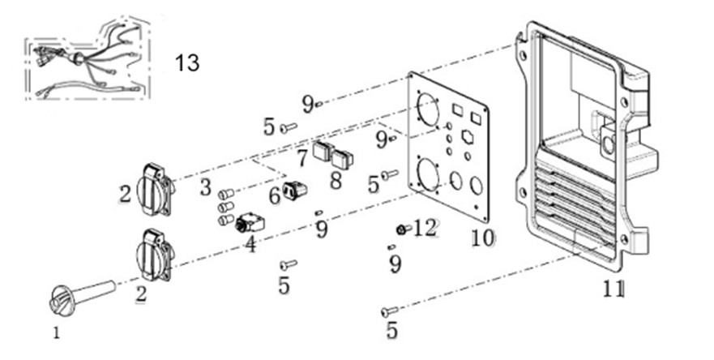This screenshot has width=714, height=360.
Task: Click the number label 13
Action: pos(187,62)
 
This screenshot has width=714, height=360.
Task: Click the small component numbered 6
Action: pos(298,190)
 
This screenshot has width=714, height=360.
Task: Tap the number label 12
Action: pos(425,229)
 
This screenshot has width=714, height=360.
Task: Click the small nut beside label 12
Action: pos(401,228)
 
